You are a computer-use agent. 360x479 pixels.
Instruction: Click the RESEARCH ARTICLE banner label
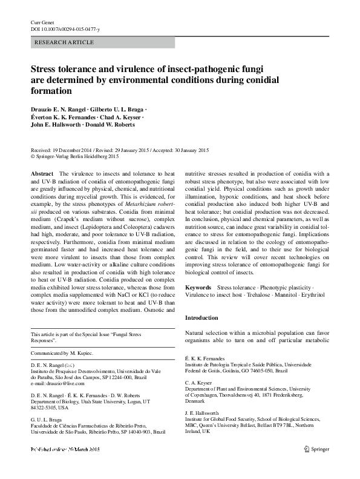pyautogui.click(x=65, y=42)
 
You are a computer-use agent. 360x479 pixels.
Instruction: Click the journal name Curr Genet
pyautogui.click(x=42, y=22)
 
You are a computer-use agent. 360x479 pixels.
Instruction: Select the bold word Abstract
pyautogui.click(x=42, y=173)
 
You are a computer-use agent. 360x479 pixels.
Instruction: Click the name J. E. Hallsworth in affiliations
pyautogui.click(x=206, y=412)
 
